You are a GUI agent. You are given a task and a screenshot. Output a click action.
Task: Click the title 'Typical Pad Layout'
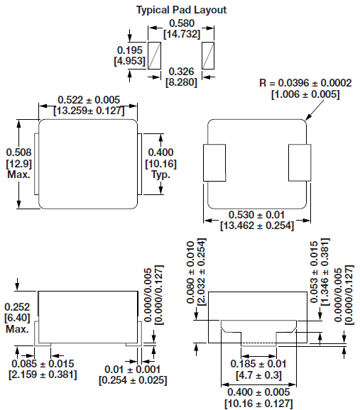pyautogui.click(x=182, y=11)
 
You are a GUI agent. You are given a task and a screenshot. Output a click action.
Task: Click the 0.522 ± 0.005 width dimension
pyautogui.click(x=88, y=100)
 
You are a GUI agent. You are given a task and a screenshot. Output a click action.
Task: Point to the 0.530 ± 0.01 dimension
pyautogui.click(x=257, y=215)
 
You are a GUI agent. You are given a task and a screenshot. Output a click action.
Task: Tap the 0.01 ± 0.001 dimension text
pyautogui.click(x=133, y=369)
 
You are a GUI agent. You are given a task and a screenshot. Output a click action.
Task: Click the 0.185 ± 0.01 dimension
pyautogui.click(x=257, y=364)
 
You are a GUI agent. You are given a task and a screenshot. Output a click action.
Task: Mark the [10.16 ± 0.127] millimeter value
pyautogui.click(x=257, y=404)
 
